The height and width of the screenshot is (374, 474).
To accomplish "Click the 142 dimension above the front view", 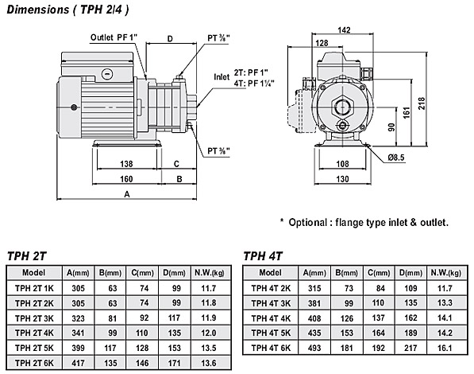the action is [344, 30].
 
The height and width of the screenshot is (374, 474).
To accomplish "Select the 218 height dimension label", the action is [422, 103].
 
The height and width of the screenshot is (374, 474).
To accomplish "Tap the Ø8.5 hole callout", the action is [396, 158].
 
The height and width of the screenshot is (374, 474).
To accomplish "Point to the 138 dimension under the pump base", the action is [126, 164].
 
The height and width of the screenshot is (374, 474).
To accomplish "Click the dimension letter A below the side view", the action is [127, 194].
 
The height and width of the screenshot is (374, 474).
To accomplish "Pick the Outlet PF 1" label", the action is [114, 37].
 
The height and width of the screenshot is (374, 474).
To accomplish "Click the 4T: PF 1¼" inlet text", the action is [254, 83].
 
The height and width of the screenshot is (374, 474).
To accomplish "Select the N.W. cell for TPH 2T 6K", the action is [209, 363].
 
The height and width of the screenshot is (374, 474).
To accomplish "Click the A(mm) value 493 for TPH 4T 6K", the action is [314, 348].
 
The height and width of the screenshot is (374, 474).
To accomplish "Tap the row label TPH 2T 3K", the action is [34, 318].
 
